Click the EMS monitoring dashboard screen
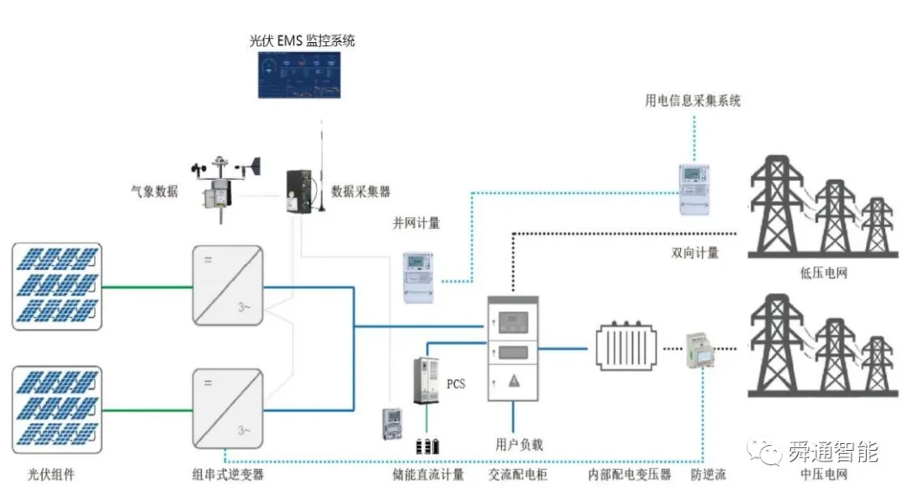[x=298, y=76]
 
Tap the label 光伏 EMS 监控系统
[x=302, y=40]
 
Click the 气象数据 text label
[x=155, y=191]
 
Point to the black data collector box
[x=298, y=191]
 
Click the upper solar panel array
[x=57, y=286]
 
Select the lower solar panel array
[x=57, y=409]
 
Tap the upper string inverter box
[x=228, y=285]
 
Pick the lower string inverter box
[x=228, y=409]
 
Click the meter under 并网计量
[x=418, y=278]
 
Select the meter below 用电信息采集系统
[x=694, y=189]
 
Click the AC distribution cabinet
[x=513, y=348]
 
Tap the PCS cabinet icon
[x=425, y=381]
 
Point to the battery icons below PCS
[x=427, y=446]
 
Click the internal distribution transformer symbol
[x=626, y=346]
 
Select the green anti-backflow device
[x=699, y=349]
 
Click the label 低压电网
[x=823, y=273]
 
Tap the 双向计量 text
[x=695, y=252]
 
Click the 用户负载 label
[x=519, y=444]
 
